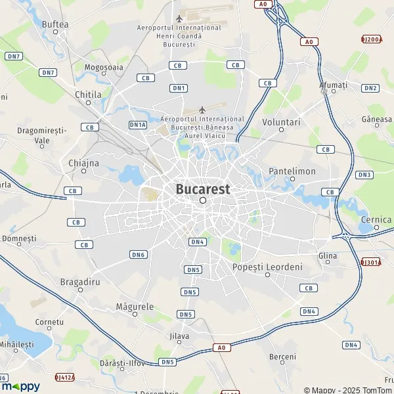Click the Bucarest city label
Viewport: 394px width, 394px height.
[203, 189]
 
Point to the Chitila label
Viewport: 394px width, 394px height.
[88, 95]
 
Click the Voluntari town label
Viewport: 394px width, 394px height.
[280, 122]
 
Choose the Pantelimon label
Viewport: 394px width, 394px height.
[292, 171]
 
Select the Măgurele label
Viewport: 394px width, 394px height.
[134, 307]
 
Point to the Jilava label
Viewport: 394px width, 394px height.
[179, 336]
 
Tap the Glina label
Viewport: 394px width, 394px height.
[327, 255]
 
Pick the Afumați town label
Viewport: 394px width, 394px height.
[332, 85]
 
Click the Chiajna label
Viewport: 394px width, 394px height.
[83, 163]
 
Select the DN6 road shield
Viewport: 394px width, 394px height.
[138, 254]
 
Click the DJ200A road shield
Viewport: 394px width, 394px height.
[371, 39]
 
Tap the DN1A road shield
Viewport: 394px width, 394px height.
[137, 124]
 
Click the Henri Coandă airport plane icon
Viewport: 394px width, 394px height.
[179, 17]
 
